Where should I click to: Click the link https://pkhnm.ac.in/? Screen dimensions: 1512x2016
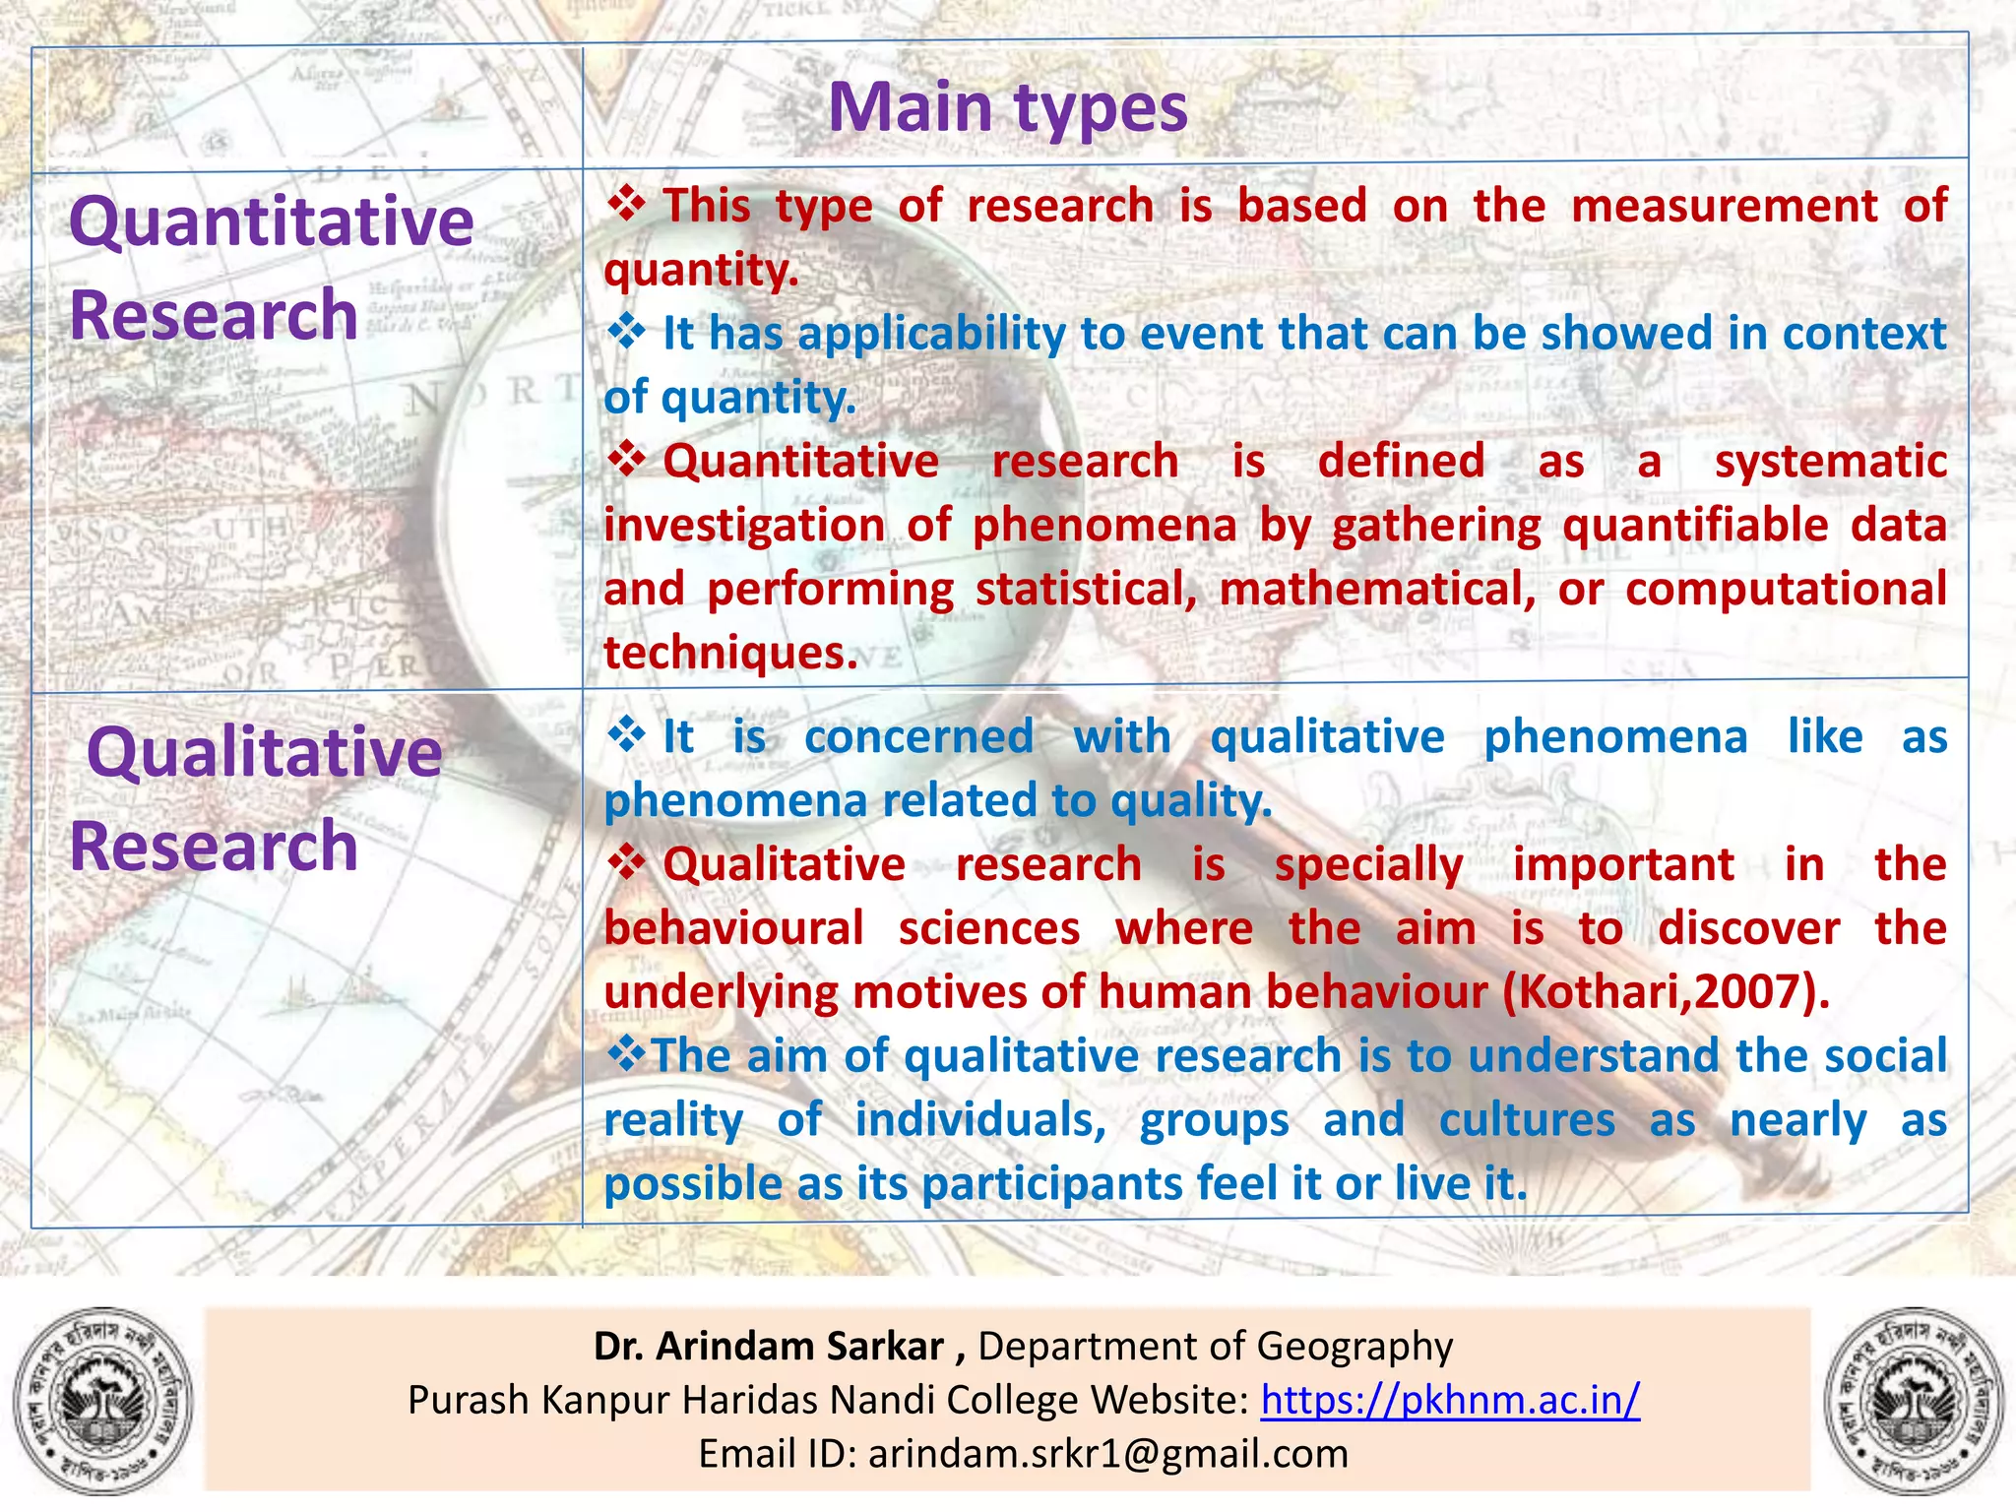pyautogui.click(x=1450, y=1399)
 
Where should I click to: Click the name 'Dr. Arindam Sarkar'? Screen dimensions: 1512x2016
pyautogui.click(x=768, y=1346)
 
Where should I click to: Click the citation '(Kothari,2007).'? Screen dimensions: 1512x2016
pyautogui.click(x=1666, y=991)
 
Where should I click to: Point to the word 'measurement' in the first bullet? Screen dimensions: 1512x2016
pyautogui.click(x=1724, y=206)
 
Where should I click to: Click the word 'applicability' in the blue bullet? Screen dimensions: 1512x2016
pyautogui.click(x=931, y=334)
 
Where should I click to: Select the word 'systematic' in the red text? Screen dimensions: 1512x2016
pyautogui.click(x=1830, y=462)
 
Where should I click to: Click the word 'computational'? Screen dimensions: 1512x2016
pyautogui.click(x=1785, y=589)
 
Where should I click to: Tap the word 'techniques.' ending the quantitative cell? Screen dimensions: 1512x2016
pyautogui.click(x=730, y=653)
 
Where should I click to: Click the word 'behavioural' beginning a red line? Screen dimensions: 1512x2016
pyautogui.click(x=733, y=928)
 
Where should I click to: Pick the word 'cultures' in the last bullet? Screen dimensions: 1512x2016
pyautogui.click(x=1526, y=1120)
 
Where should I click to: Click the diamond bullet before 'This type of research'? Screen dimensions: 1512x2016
pyautogui.click(x=625, y=205)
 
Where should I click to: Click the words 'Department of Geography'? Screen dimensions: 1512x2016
pyautogui.click(x=1215, y=1346)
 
